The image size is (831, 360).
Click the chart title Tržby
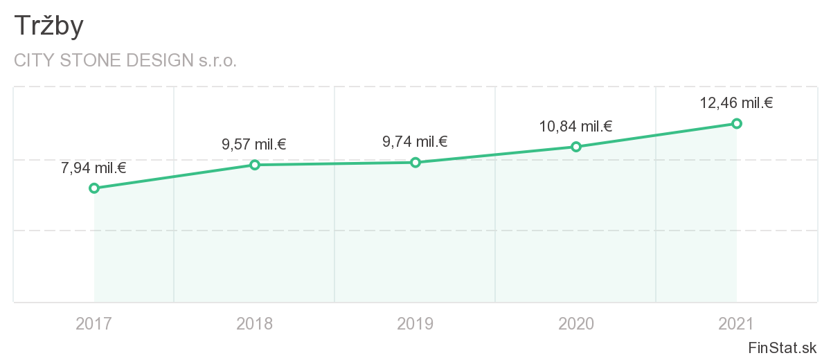48,26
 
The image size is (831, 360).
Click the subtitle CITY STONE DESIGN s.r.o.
125,60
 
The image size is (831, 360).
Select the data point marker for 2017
94,188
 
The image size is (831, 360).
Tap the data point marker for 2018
255,165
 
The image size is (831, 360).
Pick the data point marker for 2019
415,163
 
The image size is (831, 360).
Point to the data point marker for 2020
576,147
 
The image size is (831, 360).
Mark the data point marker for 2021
737,123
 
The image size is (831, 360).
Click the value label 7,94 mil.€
93,168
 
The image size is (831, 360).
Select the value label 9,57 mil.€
254,145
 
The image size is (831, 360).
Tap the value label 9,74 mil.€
415,142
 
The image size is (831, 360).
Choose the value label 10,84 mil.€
575,126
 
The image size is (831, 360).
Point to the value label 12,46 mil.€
736,103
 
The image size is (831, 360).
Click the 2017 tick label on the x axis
94,323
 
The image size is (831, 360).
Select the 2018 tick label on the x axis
255,323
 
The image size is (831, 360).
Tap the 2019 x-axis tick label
415,323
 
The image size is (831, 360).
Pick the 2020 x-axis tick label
576,323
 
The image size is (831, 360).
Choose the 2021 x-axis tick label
737,323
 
